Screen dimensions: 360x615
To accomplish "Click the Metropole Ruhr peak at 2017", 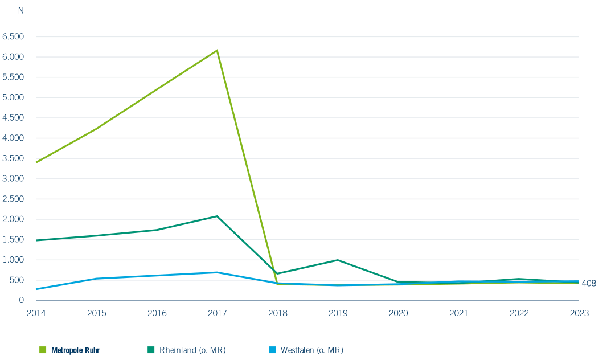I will (x=217, y=50).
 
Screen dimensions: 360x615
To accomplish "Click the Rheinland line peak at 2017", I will (x=217, y=216).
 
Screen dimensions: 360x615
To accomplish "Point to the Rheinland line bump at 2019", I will (x=338, y=260).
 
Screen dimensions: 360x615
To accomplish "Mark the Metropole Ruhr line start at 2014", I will (x=36, y=162).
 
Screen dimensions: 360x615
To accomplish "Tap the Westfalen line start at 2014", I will (x=36, y=289).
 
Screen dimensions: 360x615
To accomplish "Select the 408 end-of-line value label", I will (x=588, y=283).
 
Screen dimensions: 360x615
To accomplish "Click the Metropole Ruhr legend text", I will (x=75, y=350).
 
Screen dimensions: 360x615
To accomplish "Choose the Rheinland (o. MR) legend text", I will (x=192, y=350).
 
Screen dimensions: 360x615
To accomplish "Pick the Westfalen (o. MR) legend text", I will (x=312, y=350).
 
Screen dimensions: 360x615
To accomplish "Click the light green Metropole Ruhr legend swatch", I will (x=43, y=350).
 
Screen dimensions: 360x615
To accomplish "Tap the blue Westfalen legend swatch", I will (x=271, y=350).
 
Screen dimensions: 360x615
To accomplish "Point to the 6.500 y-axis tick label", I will (x=13, y=36).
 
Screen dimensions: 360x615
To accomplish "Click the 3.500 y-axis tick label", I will (x=13, y=158).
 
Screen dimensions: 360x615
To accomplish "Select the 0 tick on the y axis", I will (x=21, y=300).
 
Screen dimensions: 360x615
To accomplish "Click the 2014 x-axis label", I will (x=36, y=313).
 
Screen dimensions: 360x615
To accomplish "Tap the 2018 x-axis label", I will (x=277, y=313).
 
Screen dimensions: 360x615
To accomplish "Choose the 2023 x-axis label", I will (x=579, y=313).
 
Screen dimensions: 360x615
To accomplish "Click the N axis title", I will (x=21, y=11).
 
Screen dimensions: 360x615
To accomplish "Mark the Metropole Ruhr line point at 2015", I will (x=97, y=128).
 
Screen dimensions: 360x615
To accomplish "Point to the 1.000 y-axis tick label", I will (x=13, y=260).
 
